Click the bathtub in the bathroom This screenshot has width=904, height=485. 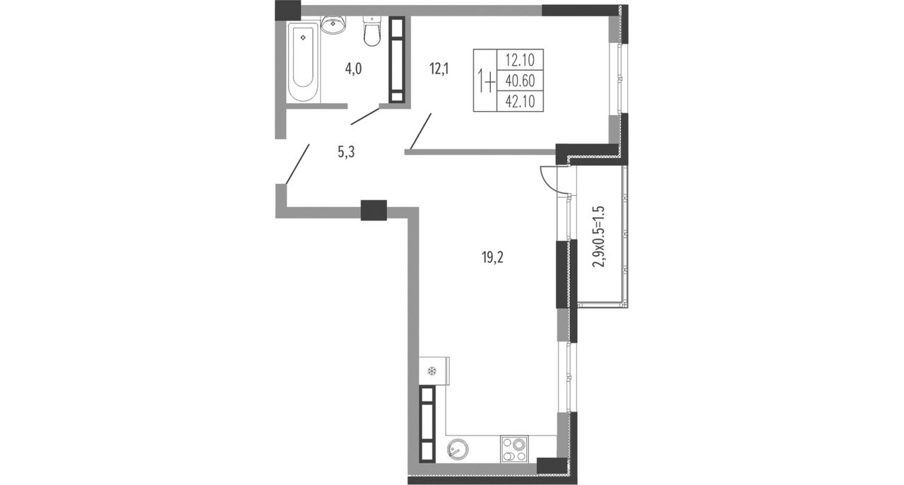click(304, 62)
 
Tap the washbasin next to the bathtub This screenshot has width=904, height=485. click(333, 25)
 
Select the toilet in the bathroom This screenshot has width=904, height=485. click(371, 32)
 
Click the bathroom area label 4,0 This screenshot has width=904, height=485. click(71, 69)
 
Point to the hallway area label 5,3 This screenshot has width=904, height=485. click(346, 152)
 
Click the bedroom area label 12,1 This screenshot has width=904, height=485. click(439, 69)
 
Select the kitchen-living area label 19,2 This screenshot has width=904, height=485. click(493, 257)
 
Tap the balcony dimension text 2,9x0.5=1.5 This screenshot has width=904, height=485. click(599, 237)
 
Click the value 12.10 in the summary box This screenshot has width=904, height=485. click(521, 60)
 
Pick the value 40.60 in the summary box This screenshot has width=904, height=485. click(521, 81)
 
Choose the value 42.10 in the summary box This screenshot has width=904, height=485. click(521, 101)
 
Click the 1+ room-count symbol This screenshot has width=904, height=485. click(485, 81)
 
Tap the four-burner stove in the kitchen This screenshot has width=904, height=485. click(514, 449)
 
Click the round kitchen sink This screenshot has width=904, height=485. click(458, 450)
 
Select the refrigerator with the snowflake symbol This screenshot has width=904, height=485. click(434, 371)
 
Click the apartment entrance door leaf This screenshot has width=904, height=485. click(298, 164)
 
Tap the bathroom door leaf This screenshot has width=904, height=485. click(365, 116)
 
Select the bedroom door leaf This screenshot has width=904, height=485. click(420, 132)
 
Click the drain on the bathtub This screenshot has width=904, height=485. click(303, 37)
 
